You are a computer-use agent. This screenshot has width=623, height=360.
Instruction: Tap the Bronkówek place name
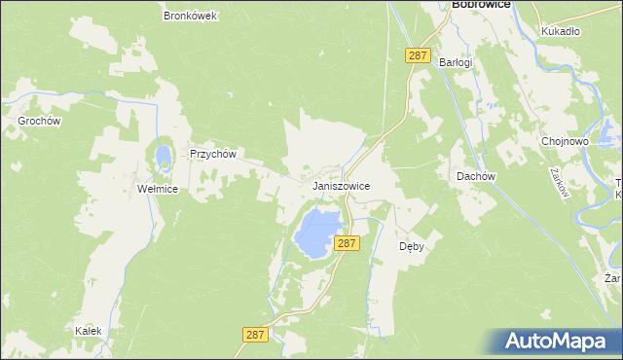191,16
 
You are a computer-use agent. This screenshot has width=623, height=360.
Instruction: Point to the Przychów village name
213,154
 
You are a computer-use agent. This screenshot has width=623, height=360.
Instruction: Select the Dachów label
477,176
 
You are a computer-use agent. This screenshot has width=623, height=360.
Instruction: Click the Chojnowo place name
565,141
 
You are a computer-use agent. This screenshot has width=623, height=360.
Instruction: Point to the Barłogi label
455,62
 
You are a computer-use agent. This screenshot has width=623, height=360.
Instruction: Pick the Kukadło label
560,31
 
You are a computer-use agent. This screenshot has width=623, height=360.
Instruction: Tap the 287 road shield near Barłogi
418,56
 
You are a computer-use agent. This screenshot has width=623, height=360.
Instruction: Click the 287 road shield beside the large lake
347,243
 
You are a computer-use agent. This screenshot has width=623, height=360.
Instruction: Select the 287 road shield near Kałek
255,334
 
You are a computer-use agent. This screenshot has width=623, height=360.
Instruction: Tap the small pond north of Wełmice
162,155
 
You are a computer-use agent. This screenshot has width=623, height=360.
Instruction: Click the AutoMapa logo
560,341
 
